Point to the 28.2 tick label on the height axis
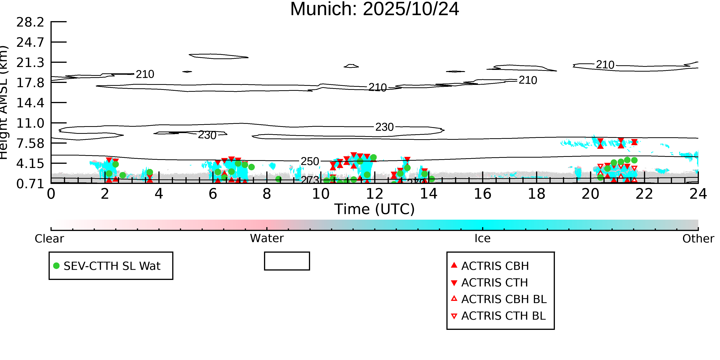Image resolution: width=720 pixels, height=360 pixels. pos(30,22)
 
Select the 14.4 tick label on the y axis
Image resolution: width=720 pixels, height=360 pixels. pos(30,103)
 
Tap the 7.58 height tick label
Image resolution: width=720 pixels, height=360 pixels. pos(30,143)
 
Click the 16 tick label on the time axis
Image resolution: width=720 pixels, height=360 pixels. pos(482,194)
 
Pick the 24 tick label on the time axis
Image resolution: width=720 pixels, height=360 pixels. pos(698,194)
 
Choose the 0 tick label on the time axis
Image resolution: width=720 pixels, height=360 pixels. pos(51,194)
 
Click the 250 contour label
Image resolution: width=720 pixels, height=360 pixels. pos(310,161)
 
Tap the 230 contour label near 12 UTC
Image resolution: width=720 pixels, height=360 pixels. pos(384,127)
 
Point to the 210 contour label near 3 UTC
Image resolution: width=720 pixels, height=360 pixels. pos(145,74)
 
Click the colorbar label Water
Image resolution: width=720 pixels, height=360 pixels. pos(267,238)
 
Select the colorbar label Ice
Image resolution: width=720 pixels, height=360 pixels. pos(482,238)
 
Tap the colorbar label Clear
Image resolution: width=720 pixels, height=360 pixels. pos(49,239)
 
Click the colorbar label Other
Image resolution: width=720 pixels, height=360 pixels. pos(698,239)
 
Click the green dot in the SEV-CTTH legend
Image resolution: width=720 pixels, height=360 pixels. pos(56,266)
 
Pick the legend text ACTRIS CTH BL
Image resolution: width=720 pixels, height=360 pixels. pos(503,316)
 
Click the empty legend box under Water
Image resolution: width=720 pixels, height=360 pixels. pos(287,261)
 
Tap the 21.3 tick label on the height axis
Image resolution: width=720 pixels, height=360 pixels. pos(30,63)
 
